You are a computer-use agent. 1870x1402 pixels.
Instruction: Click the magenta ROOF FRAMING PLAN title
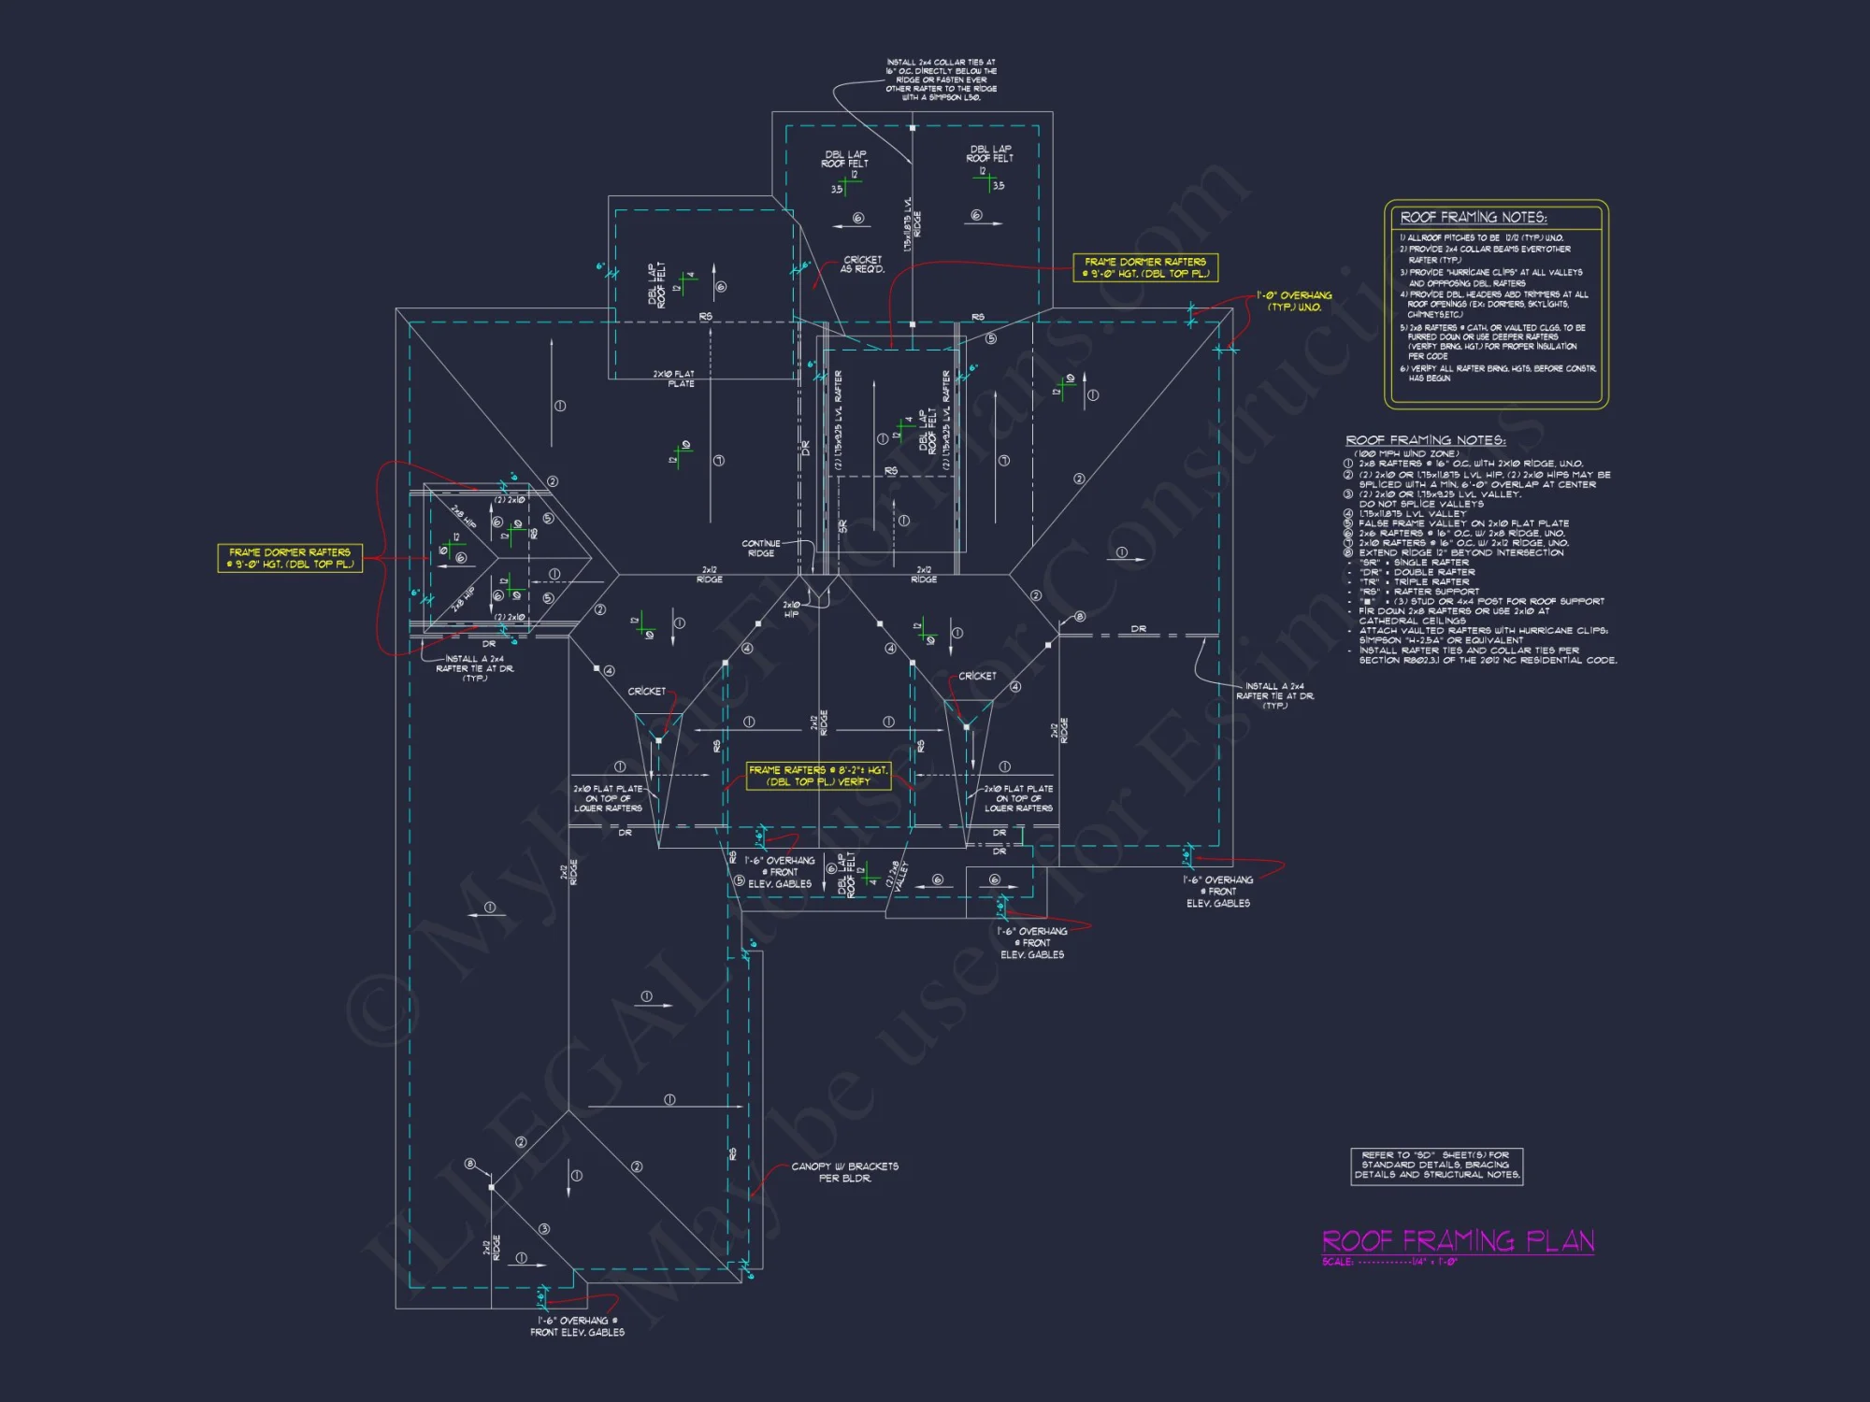1458,1241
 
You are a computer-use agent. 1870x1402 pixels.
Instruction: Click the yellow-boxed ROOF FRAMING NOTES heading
1473,217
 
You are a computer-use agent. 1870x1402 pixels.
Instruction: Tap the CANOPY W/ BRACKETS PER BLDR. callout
844,1172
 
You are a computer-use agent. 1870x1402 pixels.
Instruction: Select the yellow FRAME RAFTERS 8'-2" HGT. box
818,776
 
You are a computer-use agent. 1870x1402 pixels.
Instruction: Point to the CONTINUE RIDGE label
761,549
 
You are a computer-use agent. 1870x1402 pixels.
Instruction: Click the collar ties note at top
941,79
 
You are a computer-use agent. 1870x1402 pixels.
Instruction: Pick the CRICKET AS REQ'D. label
862,265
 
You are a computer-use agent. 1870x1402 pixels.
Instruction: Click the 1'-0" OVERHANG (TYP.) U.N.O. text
1294,301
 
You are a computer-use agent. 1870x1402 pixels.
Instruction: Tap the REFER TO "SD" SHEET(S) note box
1436,1166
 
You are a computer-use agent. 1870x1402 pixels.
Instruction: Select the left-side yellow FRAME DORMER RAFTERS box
290,558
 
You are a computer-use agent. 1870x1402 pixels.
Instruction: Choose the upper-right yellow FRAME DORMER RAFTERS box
1145,267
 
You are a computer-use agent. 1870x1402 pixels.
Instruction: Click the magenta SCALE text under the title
1389,1262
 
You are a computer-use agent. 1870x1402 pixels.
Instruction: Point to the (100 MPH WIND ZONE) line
1405,453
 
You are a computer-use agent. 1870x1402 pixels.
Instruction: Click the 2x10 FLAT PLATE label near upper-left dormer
674,379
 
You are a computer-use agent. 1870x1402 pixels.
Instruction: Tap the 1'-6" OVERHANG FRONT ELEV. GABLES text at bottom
577,1326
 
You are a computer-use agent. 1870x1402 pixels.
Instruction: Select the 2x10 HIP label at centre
791,609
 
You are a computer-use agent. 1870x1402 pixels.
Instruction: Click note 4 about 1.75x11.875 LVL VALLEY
1412,513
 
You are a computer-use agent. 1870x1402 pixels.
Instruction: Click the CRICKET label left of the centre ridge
647,692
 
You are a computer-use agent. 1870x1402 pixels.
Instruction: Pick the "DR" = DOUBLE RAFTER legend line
1417,572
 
